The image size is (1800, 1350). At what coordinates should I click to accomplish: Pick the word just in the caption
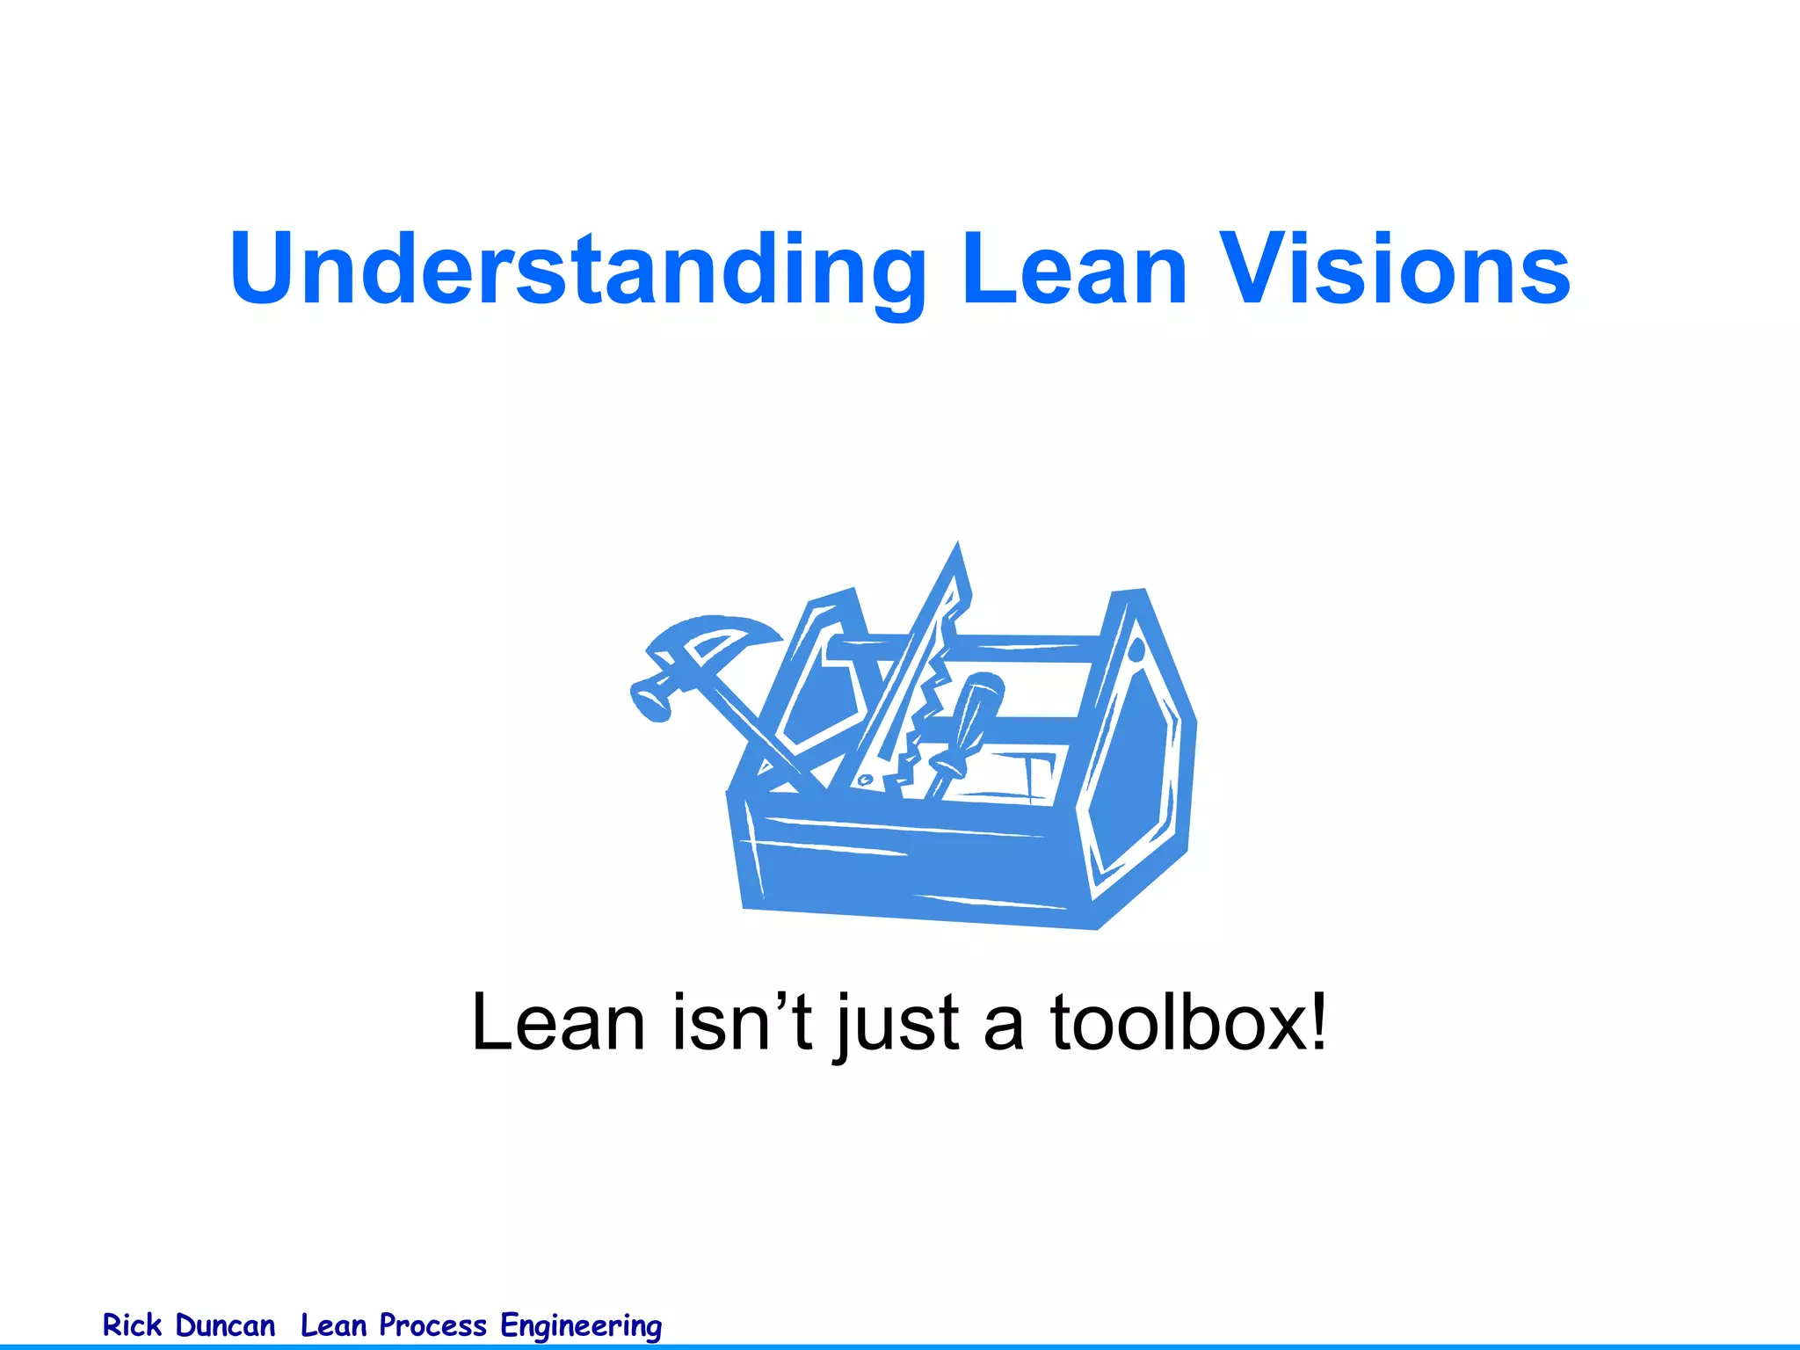(x=896, y=1024)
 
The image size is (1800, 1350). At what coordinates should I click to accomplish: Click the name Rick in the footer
(x=132, y=1325)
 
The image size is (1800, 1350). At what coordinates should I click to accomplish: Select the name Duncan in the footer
(x=225, y=1325)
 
